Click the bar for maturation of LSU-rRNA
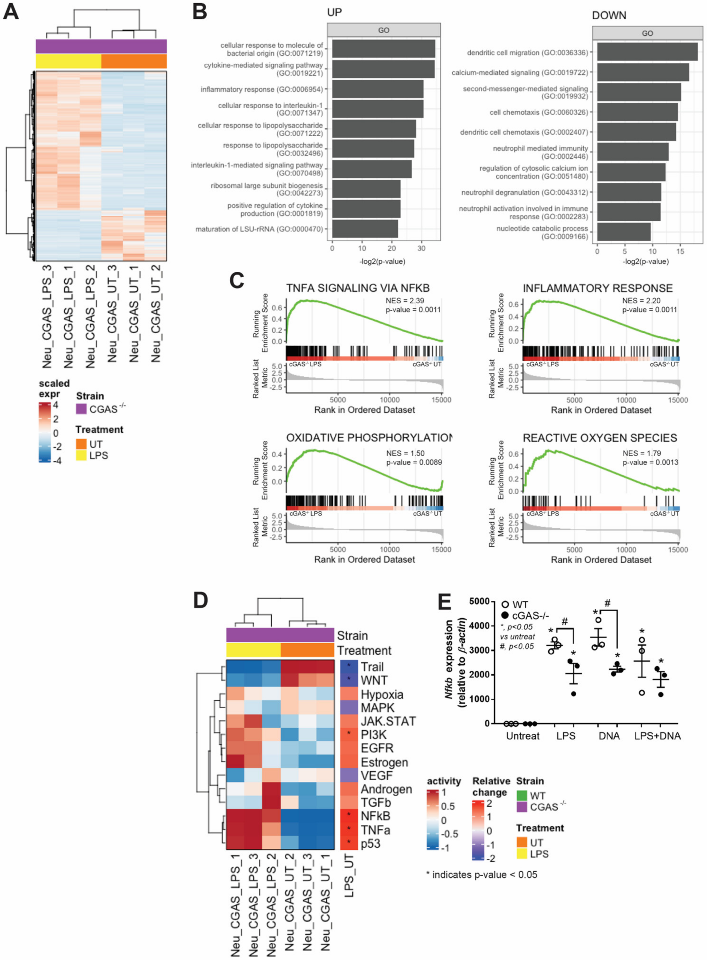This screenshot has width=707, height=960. coord(365,229)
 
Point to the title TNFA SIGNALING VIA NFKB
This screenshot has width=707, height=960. coord(358,288)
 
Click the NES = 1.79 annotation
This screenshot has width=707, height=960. coord(641,453)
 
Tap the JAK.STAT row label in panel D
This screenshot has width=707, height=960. coord(388,721)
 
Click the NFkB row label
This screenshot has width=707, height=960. coord(375,816)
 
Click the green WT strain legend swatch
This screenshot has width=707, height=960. coord(522,795)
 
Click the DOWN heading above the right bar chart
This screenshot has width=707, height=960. coord(609,15)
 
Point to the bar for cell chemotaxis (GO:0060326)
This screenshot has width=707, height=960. coord(637,112)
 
